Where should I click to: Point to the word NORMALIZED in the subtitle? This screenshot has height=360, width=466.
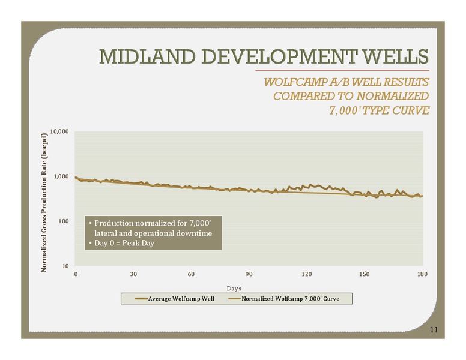(392, 96)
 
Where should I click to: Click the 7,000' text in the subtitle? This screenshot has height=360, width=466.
(345, 110)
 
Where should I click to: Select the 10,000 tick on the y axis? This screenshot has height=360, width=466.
(59, 131)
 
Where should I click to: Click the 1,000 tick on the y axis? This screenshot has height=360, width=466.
(61, 176)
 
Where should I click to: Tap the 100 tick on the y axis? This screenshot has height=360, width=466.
(63, 221)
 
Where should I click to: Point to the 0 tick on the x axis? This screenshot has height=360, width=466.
(76, 274)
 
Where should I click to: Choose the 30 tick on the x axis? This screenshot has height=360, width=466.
(133, 274)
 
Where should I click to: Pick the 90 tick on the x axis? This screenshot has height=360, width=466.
(249, 274)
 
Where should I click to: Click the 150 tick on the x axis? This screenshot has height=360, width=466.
(365, 274)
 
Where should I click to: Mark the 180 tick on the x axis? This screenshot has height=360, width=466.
(422, 274)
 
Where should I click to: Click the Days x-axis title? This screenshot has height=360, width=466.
(234, 289)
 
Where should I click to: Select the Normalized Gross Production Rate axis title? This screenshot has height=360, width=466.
(44, 203)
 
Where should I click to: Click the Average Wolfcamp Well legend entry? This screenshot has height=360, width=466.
(175, 299)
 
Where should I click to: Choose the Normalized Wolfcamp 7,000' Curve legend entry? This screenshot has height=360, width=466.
(284, 299)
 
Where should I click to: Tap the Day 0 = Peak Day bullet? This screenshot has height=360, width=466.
(121, 243)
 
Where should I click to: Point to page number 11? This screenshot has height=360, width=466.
(434, 330)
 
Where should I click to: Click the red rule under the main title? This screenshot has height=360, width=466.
(342, 70)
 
